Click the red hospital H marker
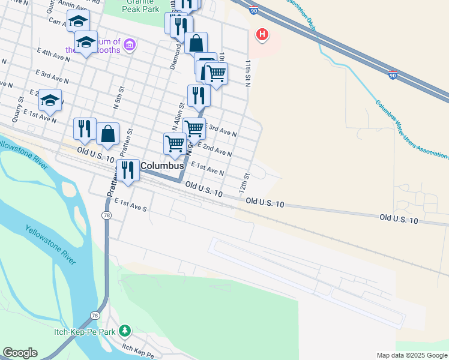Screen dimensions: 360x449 262,35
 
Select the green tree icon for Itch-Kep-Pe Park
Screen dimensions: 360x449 124,331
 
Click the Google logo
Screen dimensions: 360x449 20,353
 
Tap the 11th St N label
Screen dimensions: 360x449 247,72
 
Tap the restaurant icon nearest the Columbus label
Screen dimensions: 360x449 127,170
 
